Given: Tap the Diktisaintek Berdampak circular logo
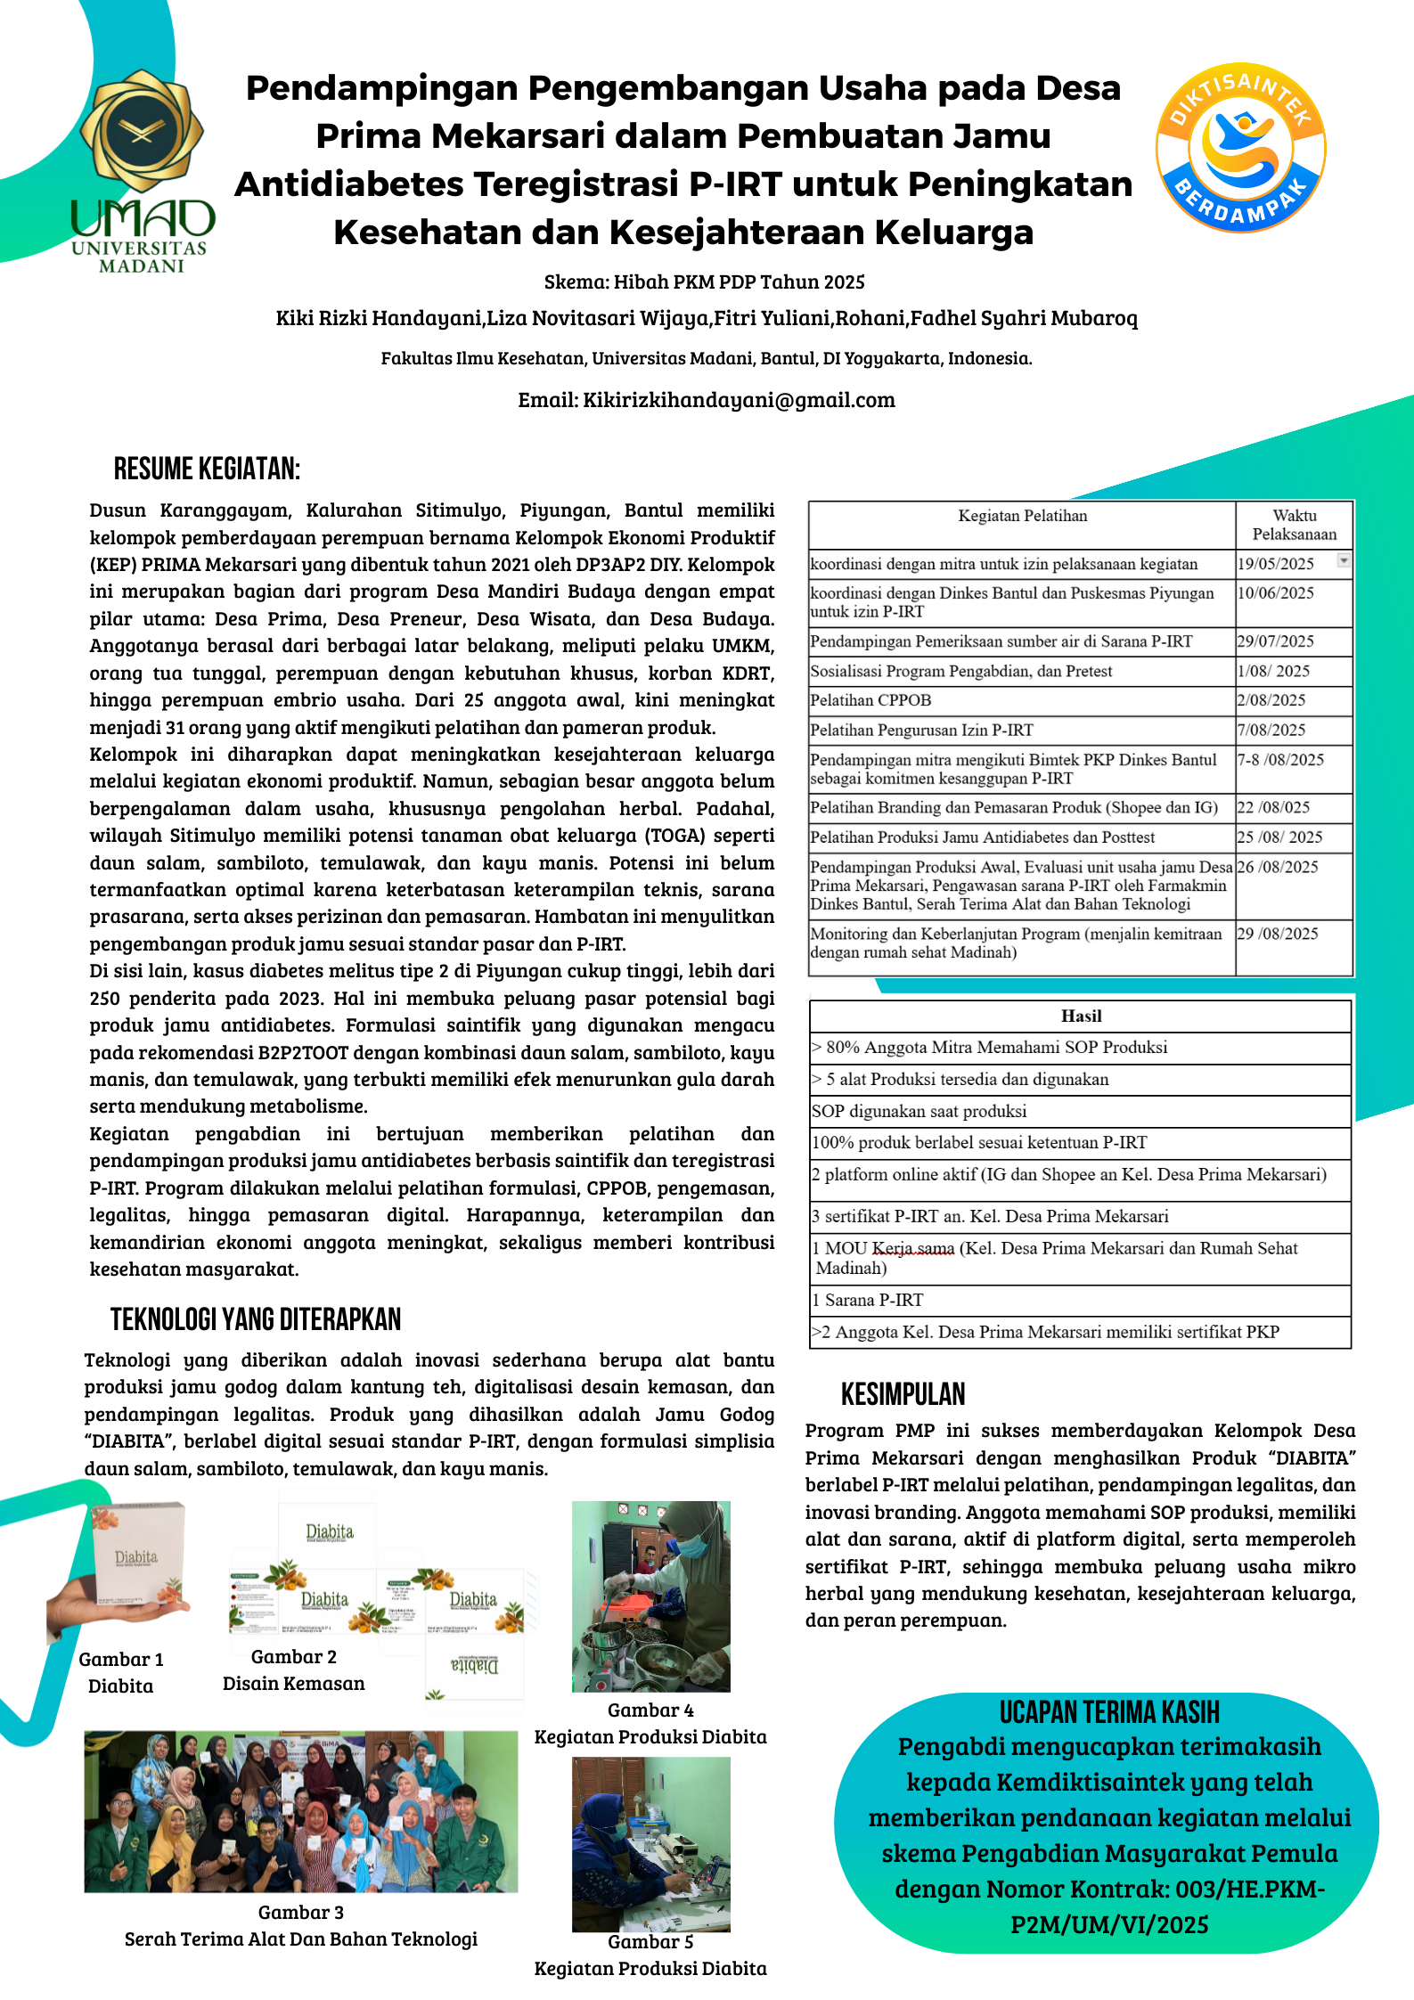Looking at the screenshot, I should [x=1240, y=148].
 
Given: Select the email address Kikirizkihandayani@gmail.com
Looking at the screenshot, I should [x=739, y=400].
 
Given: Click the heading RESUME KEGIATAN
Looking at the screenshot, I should [x=207, y=469].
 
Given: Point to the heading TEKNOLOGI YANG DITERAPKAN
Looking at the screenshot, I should [x=256, y=1319].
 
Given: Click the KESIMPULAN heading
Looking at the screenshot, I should [x=903, y=1394].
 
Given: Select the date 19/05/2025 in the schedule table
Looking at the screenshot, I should [x=1275, y=564].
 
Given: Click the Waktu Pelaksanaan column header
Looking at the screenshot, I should [x=1294, y=525].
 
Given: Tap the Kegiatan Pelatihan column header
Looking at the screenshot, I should [x=1022, y=516].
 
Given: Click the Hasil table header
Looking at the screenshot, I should [x=1081, y=1016].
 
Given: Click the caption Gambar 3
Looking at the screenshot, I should [x=300, y=1912].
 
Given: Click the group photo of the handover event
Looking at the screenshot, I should [x=300, y=1811].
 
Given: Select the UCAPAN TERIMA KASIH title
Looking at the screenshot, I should [x=1108, y=1712].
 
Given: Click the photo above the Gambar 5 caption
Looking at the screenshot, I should [x=650, y=1843].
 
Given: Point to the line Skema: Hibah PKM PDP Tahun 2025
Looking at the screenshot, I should [x=704, y=282].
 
